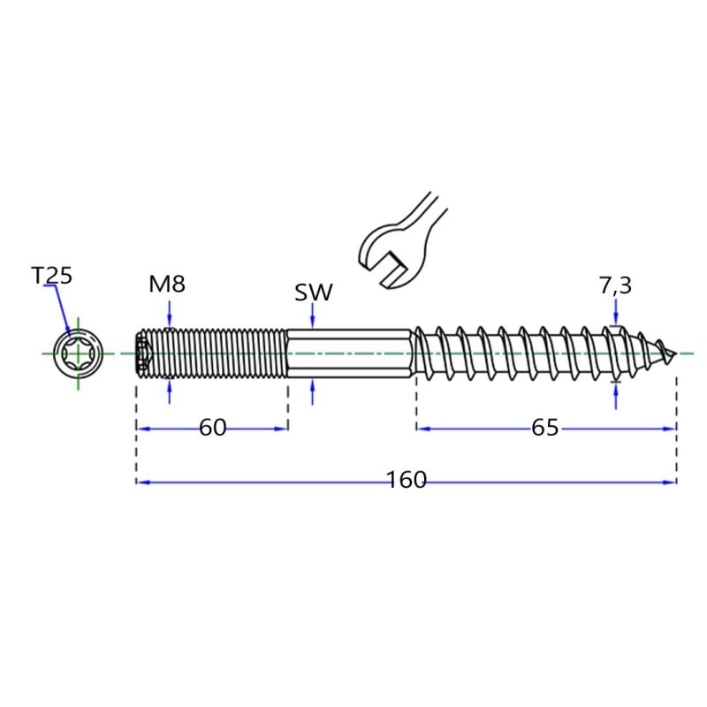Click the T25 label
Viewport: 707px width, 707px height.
[x=52, y=275]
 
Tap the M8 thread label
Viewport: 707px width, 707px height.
[x=167, y=284]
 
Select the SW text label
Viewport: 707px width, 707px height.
[x=314, y=293]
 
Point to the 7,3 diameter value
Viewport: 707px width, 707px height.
[x=615, y=285]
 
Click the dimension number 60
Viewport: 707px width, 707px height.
[x=212, y=427]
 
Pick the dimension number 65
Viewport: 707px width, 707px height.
[x=544, y=427]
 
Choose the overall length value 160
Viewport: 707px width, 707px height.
[x=407, y=480]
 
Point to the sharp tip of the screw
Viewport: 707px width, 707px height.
[x=675, y=353]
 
